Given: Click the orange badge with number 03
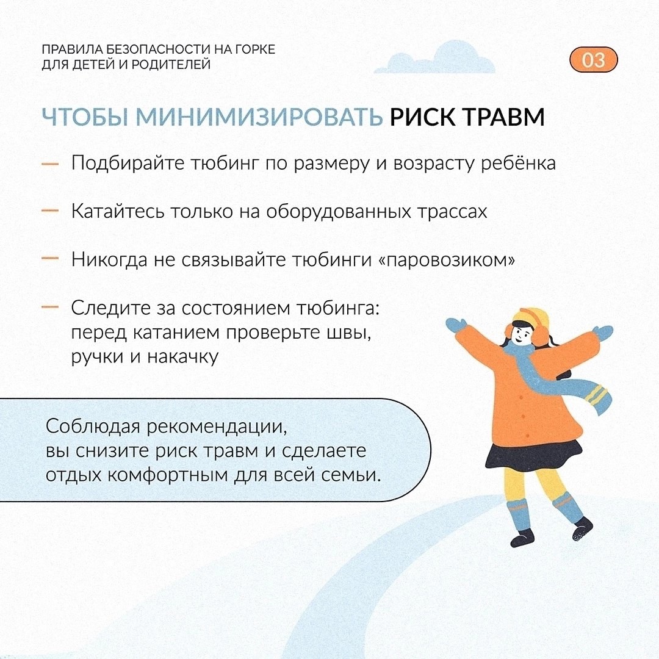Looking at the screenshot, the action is [x=594, y=59].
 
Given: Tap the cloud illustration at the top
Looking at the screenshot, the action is [x=435, y=57].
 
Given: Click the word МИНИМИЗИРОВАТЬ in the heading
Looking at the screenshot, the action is [x=259, y=117].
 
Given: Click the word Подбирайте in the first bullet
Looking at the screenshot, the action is [x=128, y=163].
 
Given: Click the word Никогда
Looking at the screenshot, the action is [x=109, y=259].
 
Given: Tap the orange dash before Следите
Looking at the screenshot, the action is [x=50, y=307].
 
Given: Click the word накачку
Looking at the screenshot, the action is [x=182, y=357].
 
